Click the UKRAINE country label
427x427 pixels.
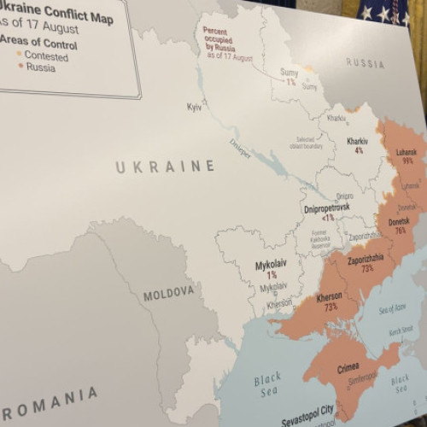pos(165,167)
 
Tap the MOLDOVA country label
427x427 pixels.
pos(168,295)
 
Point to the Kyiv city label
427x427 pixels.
pos(194,107)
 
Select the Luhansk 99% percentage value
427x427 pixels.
pos(407,161)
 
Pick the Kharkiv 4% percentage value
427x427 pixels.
pos(359,150)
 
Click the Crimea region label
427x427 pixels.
pos(348,367)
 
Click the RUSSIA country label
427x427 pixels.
pos(365,62)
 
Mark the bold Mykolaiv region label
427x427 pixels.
pos(272,266)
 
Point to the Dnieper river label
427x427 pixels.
pos(241,146)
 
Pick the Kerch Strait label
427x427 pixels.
pos(401,330)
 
